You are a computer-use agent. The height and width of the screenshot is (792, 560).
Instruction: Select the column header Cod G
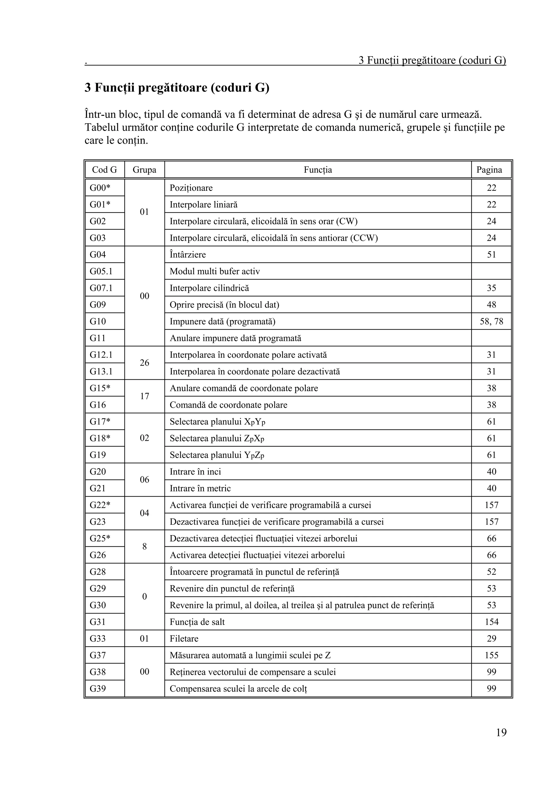point(104,170)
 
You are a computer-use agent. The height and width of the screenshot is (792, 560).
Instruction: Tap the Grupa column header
point(144,170)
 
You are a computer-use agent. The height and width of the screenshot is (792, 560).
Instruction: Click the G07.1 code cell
point(101,288)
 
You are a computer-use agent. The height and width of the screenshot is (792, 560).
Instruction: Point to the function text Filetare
point(184,638)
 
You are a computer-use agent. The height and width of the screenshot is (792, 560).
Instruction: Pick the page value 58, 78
point(491,321)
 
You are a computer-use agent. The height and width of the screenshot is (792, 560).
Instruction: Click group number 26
point(144,363)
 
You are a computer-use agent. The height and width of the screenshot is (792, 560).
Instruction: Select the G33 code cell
point(98,638)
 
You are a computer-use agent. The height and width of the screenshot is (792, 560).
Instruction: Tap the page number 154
point(491,622)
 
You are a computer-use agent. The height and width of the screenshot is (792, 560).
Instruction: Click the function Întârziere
point(188,255)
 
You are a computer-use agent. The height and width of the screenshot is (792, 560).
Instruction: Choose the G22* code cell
point(100,505)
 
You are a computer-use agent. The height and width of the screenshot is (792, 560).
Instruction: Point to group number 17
point(144,396)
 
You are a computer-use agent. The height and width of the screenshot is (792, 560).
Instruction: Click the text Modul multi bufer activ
point(215,271)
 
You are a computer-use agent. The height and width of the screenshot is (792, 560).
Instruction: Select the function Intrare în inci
point(195,471)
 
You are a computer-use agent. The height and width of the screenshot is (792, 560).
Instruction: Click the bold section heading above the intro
point(177,88)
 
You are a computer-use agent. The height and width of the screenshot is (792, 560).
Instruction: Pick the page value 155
point(491,655)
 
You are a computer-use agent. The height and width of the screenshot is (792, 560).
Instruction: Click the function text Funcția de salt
point(197,622)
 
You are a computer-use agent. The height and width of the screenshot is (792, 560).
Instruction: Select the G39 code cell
point(98,688)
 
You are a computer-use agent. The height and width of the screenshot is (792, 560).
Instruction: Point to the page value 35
point(491,288)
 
